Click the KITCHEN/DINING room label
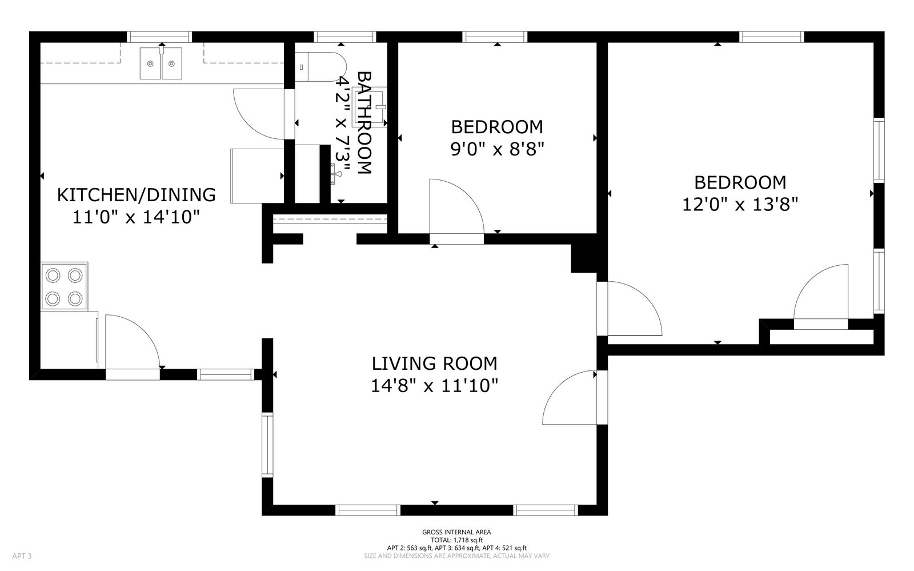[137, 195]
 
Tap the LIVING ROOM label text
[435, 364]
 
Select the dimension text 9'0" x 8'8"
[498, 149]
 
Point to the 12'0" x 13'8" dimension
[740, 204]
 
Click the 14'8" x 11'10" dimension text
[435, 385]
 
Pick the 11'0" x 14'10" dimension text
[137, 217]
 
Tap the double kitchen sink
[161, 63]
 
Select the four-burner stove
[64, 286]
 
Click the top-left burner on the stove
[53, 275]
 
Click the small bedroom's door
[456, 207]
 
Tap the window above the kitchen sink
[159, 37]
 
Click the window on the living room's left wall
[267, 445]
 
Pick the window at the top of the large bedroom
[771, 37]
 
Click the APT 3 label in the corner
[22, 556]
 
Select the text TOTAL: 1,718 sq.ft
[456, 540]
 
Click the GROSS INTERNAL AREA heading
[456, 532]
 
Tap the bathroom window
[345, 37]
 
